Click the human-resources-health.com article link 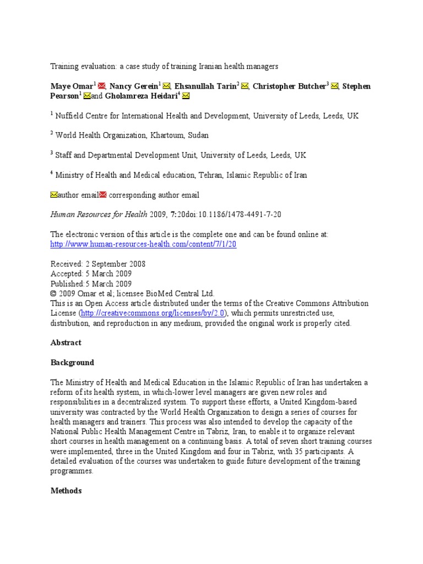[143, 244]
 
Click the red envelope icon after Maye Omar [102, 86]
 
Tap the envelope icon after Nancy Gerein [166, 86]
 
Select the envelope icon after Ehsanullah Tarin [245, 86]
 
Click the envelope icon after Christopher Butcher [334, 86]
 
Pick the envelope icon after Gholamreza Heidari [186, 96]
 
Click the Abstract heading [66, 343]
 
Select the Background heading [72, 363]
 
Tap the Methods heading [66, 491]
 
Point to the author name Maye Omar [72, 86]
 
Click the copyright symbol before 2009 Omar [53, 294]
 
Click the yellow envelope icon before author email [54, 195]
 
